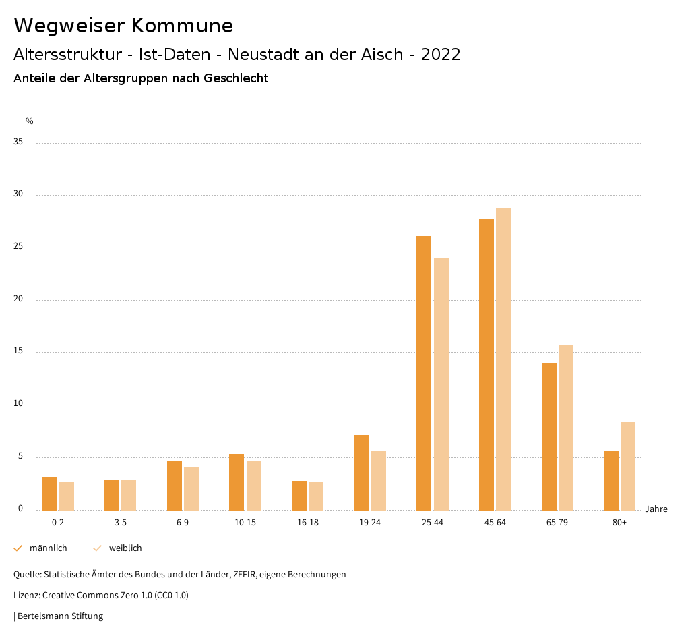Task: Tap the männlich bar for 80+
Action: pos(611,480)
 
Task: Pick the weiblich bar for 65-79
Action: pos(566,428)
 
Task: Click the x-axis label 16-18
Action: pos(307,523)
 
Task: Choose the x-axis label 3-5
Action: pos(121,523)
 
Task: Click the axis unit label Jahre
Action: pos(656,509)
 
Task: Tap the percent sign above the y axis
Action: pos(30,121)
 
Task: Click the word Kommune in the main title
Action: pos(182,26)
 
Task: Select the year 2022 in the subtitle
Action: pos(441,55)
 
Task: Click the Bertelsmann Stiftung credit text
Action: pos(60,616)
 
